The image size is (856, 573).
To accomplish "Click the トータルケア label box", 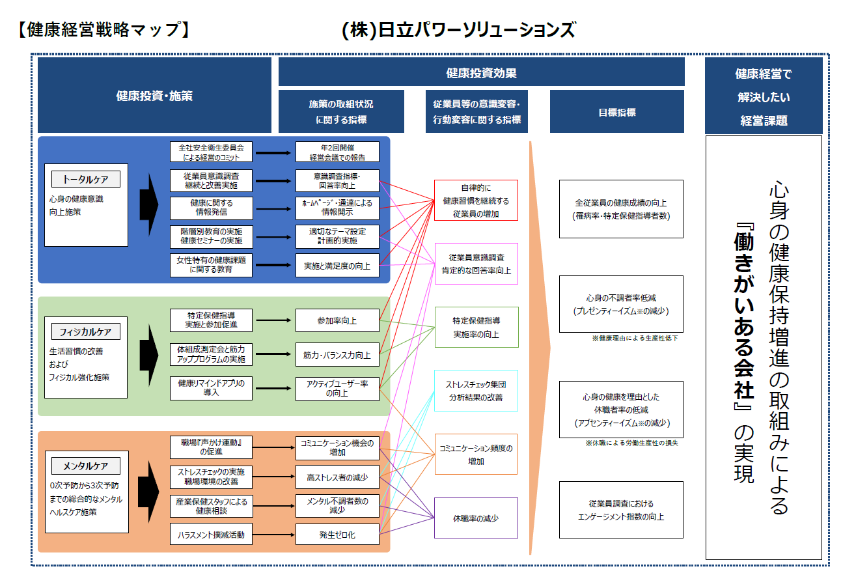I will [85, 179].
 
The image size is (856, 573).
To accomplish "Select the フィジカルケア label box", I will [85, 331].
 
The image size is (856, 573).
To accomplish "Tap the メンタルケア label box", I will [85, 466].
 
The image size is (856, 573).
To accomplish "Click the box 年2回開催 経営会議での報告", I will [337, 152].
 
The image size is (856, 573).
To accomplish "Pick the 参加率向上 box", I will [337, 320].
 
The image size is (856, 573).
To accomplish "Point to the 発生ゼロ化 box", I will [337, 535].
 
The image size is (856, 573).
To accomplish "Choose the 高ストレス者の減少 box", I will [337, 477].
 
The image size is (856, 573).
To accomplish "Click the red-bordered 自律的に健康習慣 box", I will [476, 201].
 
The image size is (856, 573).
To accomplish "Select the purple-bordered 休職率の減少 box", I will [476, 518].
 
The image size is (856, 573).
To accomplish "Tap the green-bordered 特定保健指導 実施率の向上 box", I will [476, 328].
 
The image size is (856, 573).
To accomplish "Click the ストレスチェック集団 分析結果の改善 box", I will [476, 391].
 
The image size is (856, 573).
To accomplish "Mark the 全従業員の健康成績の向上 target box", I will [621, 209].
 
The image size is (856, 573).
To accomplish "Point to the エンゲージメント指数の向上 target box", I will [621, 510].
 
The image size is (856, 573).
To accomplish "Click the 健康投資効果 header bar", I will [481, 72].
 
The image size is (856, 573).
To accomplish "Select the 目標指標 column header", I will [617, 112].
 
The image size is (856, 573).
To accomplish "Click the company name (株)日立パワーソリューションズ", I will [458, 30].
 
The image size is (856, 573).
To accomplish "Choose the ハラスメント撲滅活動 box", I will [211, 535].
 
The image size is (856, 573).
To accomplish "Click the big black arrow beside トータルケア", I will [149, 203].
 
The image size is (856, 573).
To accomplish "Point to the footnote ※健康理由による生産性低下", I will [635, 339].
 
